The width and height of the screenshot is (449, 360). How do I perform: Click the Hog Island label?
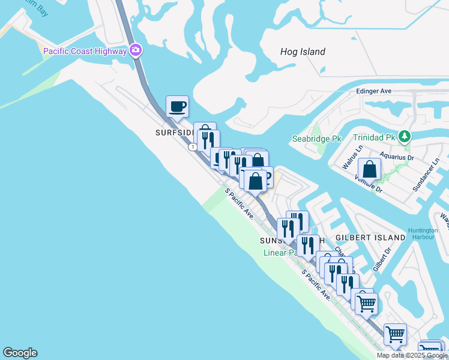point(303,52)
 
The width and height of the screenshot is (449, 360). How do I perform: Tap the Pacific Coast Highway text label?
point(85,51)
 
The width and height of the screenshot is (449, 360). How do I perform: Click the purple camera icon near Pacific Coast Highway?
point(136,50)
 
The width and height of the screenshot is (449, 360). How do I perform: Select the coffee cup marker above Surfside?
point(177,107)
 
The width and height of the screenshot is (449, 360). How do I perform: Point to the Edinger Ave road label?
point(373,91)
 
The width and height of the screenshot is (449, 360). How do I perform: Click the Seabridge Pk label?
point(316,139)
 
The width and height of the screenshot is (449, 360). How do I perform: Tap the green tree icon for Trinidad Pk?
point(405,137)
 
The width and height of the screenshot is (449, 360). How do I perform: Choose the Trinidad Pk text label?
point(373,137)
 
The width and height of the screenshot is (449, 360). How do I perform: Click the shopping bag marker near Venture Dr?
point(369,169)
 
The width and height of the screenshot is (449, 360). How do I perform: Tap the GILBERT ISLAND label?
point(370,238)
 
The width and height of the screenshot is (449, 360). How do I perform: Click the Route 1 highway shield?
point(192,147)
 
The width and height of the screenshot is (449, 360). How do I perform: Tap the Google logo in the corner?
point(20,353)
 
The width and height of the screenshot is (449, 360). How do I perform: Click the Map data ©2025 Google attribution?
point(412,355)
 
